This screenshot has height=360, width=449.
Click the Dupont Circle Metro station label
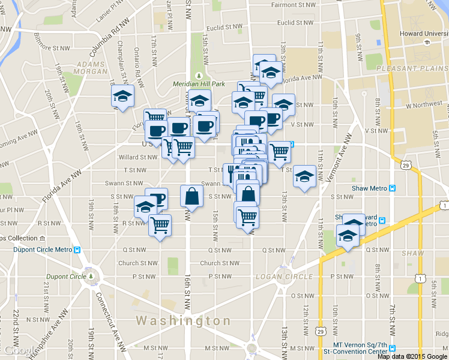point(38,250)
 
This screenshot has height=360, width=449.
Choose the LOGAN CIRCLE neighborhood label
point(285,277)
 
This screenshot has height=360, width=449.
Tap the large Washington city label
point(183,321)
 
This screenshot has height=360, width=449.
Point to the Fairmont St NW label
point(292,5)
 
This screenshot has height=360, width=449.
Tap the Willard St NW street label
point(138,157)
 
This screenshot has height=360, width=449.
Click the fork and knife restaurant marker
point(231,173)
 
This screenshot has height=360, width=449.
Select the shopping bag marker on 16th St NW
point(191,196)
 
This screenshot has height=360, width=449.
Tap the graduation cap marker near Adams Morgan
point(122,97)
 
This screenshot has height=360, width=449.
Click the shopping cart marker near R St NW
point(160,225)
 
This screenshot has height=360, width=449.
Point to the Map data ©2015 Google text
point(412,356)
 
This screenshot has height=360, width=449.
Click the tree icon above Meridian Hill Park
point(199,75)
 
